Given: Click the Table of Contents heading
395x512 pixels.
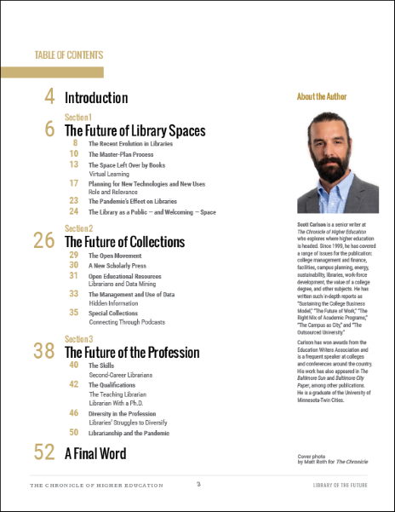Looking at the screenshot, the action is pyautogui.click(x=69, y=55).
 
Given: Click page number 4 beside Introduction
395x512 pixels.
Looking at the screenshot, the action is pyautogui.click(x=49, y=96).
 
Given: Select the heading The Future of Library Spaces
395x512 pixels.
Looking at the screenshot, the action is pyautogui.click(x=135, y=130).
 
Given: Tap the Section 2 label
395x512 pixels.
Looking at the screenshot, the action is pyautogui.click(x=78, y=228).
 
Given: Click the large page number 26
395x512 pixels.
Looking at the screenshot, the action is pyautogui.click(x=44, y=241).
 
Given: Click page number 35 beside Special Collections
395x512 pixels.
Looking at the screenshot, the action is pyautogui.click(x=73, y=313).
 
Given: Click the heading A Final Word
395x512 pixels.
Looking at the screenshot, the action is pyautogui.click(x=100, y=453).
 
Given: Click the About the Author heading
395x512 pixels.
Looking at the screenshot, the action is pyautogui.click(x=322, y=96).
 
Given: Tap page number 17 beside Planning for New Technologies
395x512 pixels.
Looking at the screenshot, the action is pyautogui.click(x=73, y=182).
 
